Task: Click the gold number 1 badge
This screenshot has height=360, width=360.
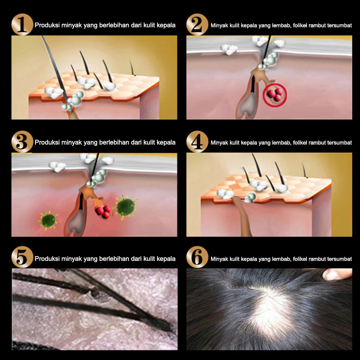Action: tap(22, 24)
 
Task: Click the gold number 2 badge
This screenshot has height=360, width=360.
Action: tap(197, 24)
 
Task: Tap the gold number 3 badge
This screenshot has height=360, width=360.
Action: tap(22, 142)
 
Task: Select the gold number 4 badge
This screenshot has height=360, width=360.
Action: tap(197, 142)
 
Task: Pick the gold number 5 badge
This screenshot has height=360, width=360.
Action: tap(22, 257)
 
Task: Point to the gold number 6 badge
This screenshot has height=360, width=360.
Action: tap(197, 257)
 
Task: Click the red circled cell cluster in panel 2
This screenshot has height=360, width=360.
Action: tap(275, 95)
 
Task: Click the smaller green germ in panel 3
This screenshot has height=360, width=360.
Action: tap(48, 220)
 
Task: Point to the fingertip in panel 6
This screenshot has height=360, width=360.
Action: tap(337, 274)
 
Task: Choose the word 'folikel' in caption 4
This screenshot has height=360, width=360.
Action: tap(300, 143)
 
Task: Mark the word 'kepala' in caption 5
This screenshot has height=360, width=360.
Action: tap(166, 259)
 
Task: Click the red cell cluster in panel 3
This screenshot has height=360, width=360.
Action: tap(103, 211)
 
